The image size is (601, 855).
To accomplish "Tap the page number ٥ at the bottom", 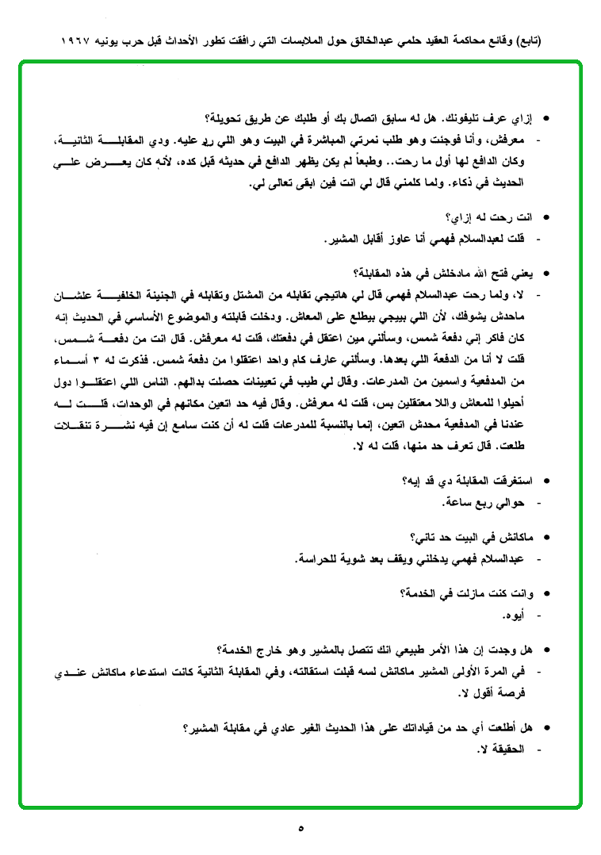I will [300, 828].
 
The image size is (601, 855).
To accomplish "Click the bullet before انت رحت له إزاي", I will [544, 216].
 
